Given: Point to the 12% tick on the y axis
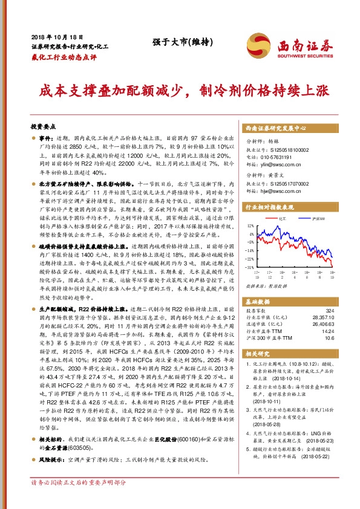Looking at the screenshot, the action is [x=251, y=225].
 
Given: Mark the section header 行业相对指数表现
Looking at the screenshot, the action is [x=270, y=206].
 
